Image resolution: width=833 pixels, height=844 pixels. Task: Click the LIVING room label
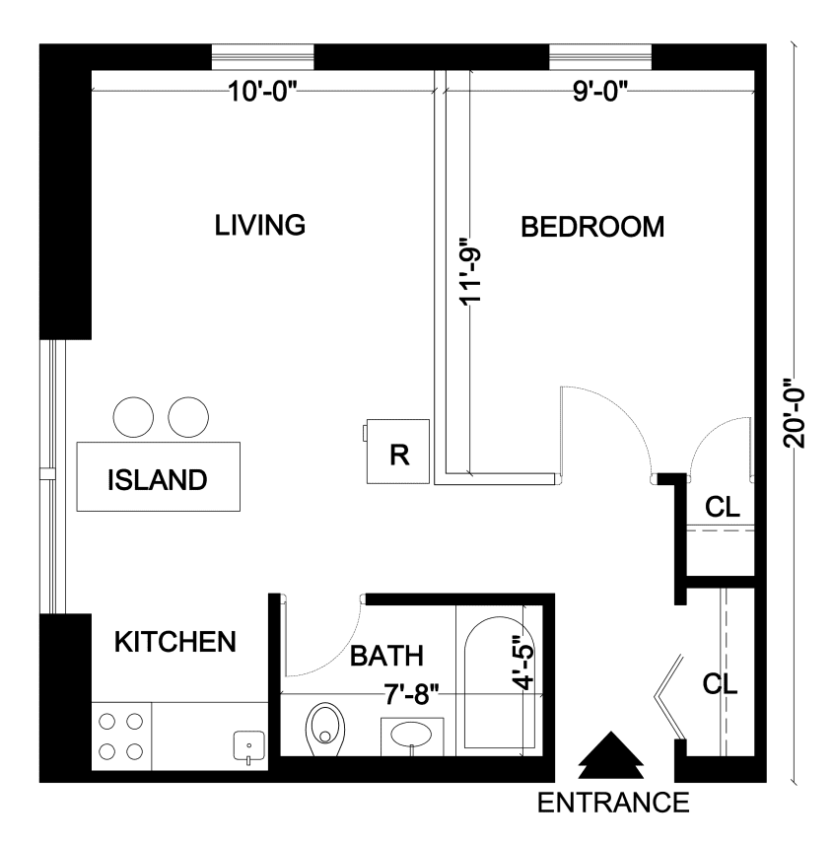pos(260,225)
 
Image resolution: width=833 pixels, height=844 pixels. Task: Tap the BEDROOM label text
pos(591,228)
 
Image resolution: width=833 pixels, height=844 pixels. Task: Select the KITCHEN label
pos(175,642)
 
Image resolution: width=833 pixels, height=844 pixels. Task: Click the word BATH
pos(387,655)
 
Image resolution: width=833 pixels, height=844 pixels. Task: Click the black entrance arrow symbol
pos(610,757)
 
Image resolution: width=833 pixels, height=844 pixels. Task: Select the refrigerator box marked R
pos(397,452)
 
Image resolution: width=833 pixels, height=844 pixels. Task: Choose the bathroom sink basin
pos(412,736)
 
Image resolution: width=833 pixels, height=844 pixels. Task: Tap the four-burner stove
pos(121,737)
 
